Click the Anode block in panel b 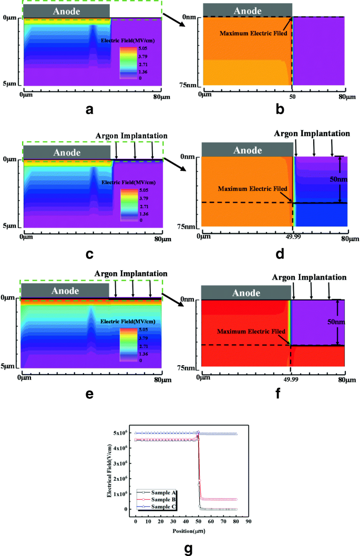coord(246,10)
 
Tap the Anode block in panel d coord(246,150)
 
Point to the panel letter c coord(89,254)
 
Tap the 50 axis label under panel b coord(293,97)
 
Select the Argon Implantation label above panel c coord(132,136)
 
